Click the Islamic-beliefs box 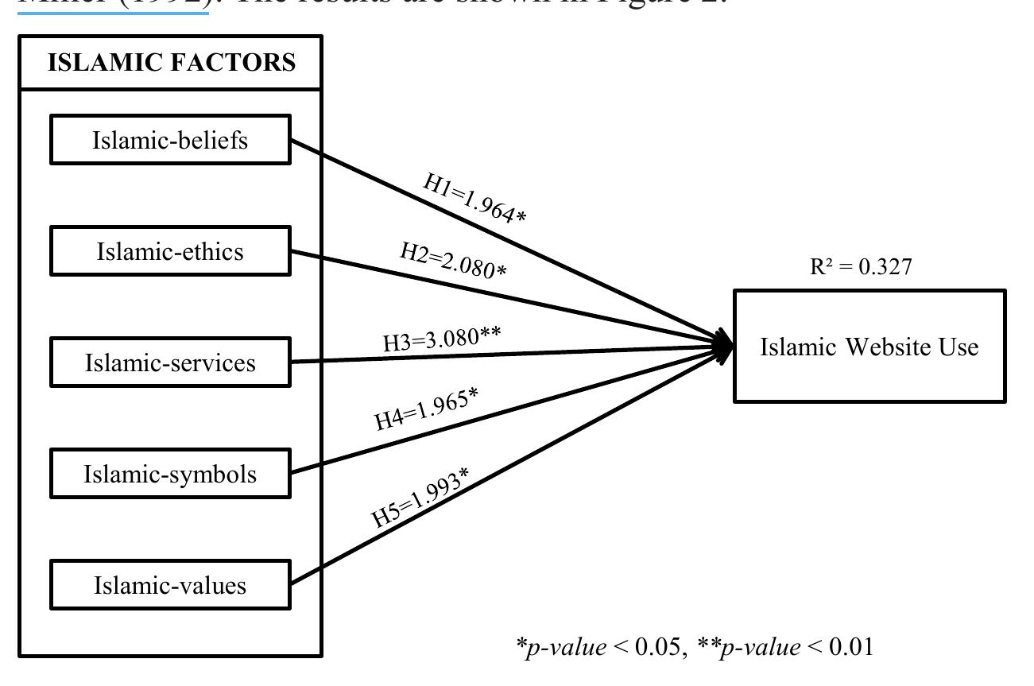point(170,140)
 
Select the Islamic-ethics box point(170,251)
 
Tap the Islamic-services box point(170,362)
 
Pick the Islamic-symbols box point(170,474)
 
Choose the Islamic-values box point(170,585)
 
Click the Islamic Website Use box point(869,347)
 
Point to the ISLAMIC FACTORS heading point(171,62)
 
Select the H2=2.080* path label point(453,260)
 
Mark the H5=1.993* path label point(420,498)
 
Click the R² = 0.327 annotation point(861,266)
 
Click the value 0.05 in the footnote point(656,647)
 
